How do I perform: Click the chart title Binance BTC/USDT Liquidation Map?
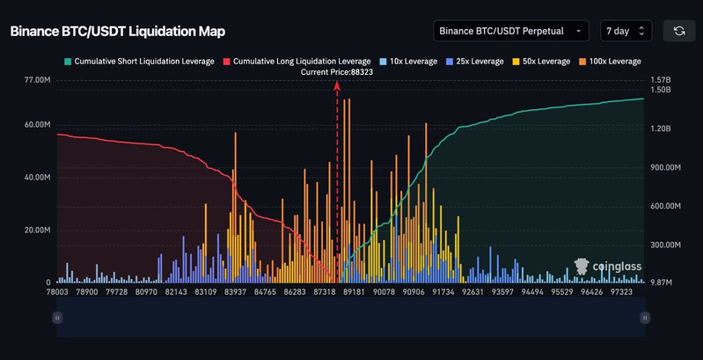[117, 32]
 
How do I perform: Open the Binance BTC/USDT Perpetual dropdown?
[511, 31]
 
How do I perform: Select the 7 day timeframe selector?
[626, 31]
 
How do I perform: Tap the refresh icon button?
[679, 31]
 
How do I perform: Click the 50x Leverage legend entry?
[543, 62]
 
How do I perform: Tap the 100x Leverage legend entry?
[612, 62]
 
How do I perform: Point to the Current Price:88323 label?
[337, 72]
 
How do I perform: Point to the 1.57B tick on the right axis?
[661, 80]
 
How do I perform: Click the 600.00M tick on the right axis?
[666, 206]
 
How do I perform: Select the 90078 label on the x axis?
[384, 291]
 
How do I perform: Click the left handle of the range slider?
[57, 317]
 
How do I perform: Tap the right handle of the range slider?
[645, 317]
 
